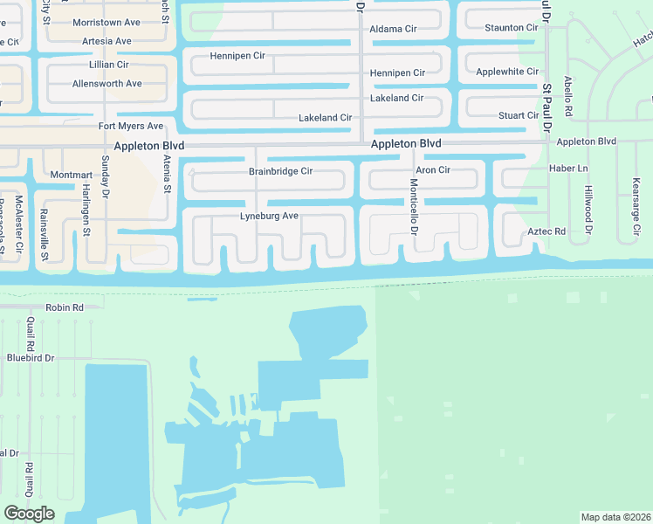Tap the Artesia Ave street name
tap(107, 41)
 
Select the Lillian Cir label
tap(109, 65)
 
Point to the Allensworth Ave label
tap(107, 84)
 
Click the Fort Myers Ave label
tap(130, 127)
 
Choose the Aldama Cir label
tap(393, 29)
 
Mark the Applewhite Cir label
tap(507, 72)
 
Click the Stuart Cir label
tap(519, 115)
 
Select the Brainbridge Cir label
tap(280, 172)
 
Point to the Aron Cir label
tap(433, 170)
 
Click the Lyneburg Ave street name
tap(270, 216)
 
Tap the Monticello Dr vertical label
tap(414, 207)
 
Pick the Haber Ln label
tap(570, 168)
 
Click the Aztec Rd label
tap(547, 231)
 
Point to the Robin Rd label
tap(65, 307)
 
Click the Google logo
tap(29, 514)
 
